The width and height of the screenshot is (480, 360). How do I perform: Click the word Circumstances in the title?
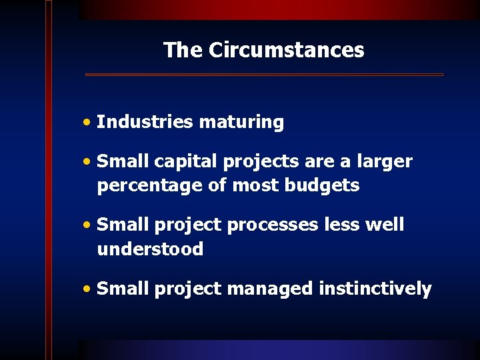286,50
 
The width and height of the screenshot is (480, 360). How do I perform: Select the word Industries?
144,122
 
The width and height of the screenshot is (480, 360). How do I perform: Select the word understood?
150,249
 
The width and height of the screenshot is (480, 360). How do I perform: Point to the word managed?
270,289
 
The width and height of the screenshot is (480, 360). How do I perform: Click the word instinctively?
375,289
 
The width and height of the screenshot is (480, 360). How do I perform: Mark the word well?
385,225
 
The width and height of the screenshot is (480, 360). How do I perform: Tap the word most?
256,185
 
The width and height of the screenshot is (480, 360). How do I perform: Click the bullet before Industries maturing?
87,123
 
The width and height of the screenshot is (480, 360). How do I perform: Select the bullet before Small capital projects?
87,162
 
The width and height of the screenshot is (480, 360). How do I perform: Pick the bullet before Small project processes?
87,225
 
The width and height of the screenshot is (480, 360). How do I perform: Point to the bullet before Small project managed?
87,289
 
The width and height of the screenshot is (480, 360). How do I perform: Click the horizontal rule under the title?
264,75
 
